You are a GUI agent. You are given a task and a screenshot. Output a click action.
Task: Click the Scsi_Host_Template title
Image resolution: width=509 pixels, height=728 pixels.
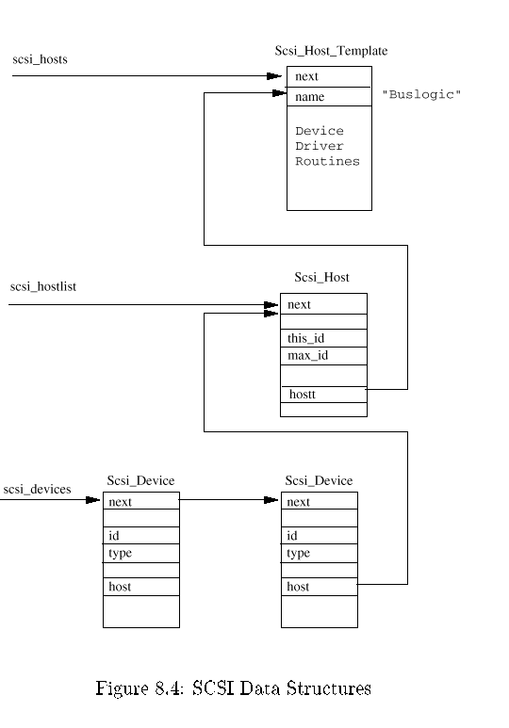(x=331, y=51)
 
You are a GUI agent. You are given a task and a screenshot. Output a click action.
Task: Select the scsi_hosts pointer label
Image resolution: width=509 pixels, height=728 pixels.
(x=40, y=59)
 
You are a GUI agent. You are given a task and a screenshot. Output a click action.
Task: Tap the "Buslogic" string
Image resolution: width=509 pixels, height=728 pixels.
(x=421, y=94)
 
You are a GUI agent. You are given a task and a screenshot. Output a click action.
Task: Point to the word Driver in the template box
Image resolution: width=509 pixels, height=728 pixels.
(x=320, y=146)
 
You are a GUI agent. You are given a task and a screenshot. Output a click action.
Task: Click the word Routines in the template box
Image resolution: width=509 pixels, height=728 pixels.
(x=327, y=161)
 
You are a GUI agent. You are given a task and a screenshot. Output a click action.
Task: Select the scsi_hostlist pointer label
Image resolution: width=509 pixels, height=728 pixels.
(x=43, y=286)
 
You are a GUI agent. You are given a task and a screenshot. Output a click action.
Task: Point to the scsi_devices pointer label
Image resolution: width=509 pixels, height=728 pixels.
(x=37, y=489)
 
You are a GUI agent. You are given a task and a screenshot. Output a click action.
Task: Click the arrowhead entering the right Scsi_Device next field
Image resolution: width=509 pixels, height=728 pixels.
(x=271, y=500)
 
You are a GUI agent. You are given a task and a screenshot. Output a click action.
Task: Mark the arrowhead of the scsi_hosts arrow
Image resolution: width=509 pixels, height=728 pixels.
(x=274, y=75)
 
